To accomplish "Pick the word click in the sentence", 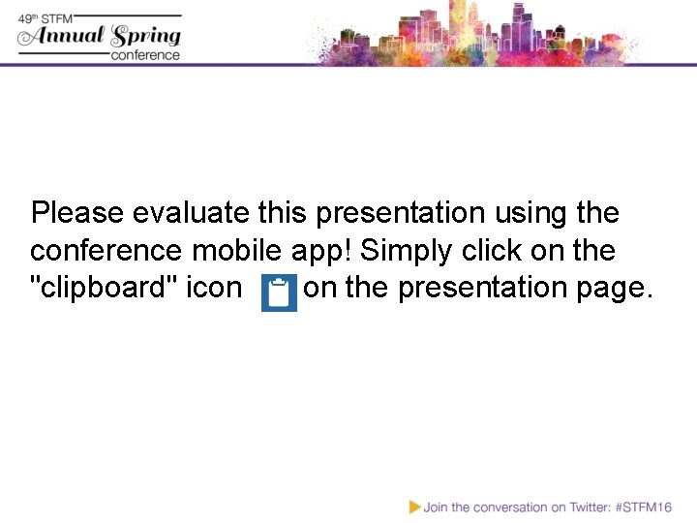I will coord(493,250).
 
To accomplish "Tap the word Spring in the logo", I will coord(145,37).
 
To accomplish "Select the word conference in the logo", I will coord(145,54).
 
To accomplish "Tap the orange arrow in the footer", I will coord(415,507).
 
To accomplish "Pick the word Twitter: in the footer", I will coord(584,507).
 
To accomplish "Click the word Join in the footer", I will coord(437,507).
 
